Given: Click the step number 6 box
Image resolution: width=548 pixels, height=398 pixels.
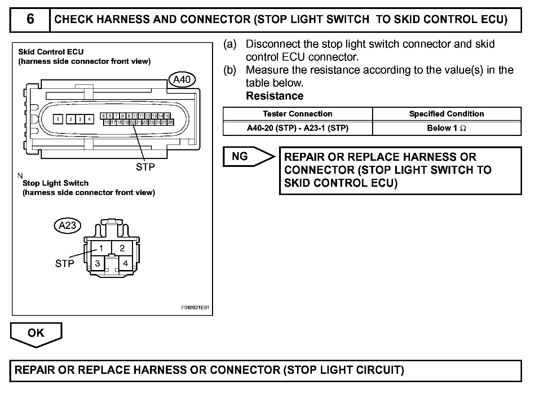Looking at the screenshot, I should pyautogui.click(x=30, y=19).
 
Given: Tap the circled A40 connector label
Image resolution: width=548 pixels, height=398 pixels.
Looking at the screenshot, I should pyautogui.click(x=182, y=80).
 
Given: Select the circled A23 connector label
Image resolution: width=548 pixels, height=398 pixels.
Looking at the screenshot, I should pyautogui.click(x=67, y=226).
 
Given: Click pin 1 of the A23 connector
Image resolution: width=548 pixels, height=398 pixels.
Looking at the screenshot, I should pyautogui.click(x=101, y=248).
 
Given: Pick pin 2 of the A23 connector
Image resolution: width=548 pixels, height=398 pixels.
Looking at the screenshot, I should pyautogui.click(x=122, y=248).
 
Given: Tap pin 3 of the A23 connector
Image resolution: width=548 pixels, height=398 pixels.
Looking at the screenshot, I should pyautogui.click(x=97, y=263).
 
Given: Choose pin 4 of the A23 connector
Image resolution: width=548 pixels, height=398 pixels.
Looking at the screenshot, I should pyautogui.click(x=125, y=263).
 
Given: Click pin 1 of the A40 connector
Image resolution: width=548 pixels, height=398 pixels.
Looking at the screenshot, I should pyautogui.click(x=58, y=119).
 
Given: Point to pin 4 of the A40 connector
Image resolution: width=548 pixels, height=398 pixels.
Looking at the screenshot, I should pyautogui.click(x=89, y=119).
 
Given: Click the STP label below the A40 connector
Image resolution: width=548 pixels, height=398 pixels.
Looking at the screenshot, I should pyautogui.click(x=145, y=167).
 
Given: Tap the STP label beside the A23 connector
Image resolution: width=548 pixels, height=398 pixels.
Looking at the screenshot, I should pyautogui.click(x=65, y=264).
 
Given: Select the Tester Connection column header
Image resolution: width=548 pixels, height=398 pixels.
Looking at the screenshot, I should pyautogui.click(x=297, y=114).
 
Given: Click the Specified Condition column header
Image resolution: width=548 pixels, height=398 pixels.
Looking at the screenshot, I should pyautogui.click(x=446, y=114).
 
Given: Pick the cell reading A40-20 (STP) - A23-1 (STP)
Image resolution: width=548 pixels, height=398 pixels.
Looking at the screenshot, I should pyautogui.click(x=297, y=128).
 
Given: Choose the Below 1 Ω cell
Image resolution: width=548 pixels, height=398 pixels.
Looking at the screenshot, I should pyautogui.click(x=446, y=128).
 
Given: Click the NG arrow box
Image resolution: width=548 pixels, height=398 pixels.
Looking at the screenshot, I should pyautogui.click(x=245, y=156).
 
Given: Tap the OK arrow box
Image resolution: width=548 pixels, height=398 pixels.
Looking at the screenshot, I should pyautogui.click(x=36, y=333).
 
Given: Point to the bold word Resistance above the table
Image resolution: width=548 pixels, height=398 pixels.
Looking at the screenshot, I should pyautogui.click(x=275, y=96).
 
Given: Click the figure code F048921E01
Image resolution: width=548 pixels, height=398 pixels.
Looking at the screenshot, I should pyautogui.click(x=195, y=308).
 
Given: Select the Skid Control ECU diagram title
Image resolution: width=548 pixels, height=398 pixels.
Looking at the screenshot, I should pyautogui.click(x=51, y=52).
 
